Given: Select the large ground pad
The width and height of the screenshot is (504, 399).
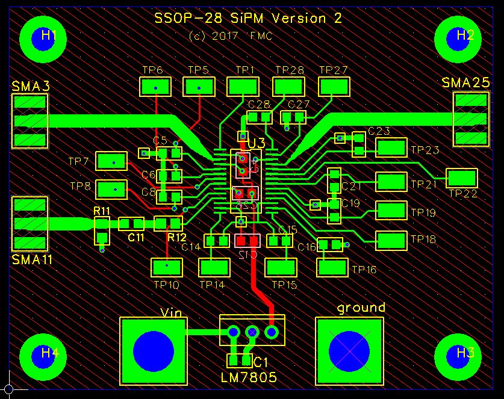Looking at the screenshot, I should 349,351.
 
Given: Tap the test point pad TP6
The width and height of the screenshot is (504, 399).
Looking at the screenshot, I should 156,87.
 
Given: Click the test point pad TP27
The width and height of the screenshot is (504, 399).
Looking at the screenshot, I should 334,87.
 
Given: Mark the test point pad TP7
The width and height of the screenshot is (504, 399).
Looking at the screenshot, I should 111,161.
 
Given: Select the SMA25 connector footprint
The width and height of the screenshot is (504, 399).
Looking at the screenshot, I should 471,119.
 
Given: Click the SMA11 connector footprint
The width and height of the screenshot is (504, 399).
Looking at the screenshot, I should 30,224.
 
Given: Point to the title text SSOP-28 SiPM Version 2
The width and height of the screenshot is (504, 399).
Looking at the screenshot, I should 247,18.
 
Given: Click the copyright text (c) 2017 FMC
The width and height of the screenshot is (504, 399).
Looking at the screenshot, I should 231,36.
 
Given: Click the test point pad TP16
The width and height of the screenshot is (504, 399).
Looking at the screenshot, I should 332,267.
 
